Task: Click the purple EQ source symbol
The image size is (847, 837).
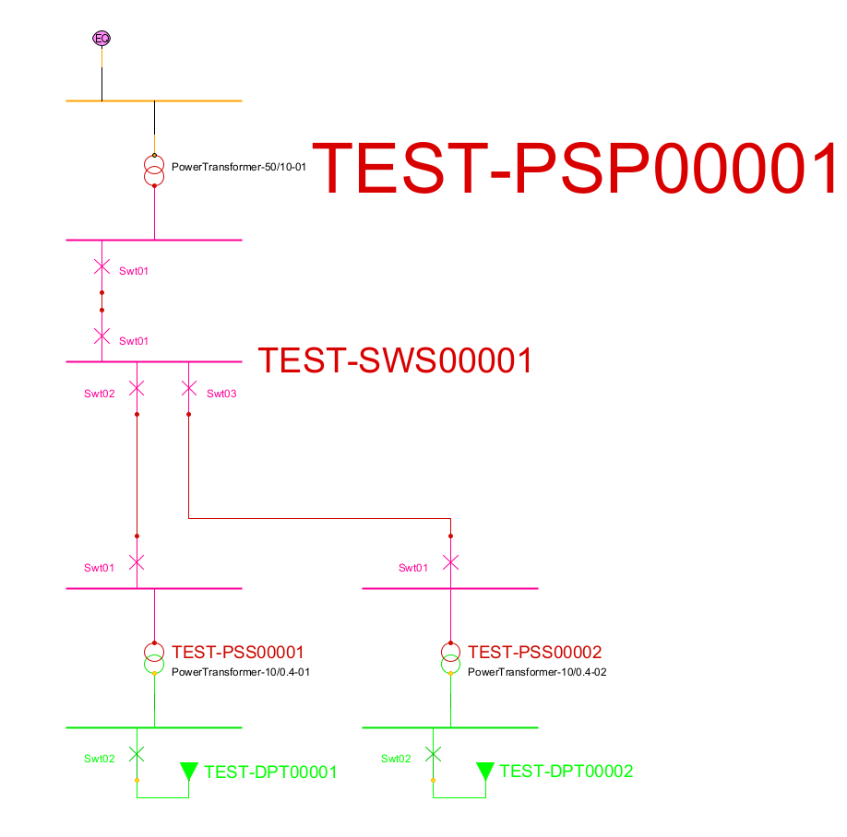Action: (101, 38)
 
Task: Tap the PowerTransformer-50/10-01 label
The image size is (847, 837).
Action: (238, 168)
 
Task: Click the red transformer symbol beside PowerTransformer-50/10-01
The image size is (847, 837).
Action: (154, 171)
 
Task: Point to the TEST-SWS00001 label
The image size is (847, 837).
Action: (395, 360)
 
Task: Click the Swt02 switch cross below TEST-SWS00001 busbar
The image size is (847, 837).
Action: (137, 389)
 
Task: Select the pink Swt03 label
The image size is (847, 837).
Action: (221, 395)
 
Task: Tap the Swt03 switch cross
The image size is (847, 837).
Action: (188, 389)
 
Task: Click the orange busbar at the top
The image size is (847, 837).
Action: (154, 100)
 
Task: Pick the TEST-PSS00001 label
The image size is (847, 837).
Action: (238, 653)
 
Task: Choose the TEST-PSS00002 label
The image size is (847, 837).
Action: (534, 653)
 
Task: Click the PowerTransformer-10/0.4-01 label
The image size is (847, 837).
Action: (240, 672)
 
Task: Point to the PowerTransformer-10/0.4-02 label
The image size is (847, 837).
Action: (537, 672)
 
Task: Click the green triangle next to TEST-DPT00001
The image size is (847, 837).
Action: (188, 771)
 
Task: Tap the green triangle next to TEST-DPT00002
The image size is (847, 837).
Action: (484, 771)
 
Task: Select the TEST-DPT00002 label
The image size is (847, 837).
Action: (567, 772)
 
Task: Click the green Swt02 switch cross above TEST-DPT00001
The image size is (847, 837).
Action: (137, 754)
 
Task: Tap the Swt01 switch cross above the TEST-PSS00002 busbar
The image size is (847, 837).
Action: (450, 562)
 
